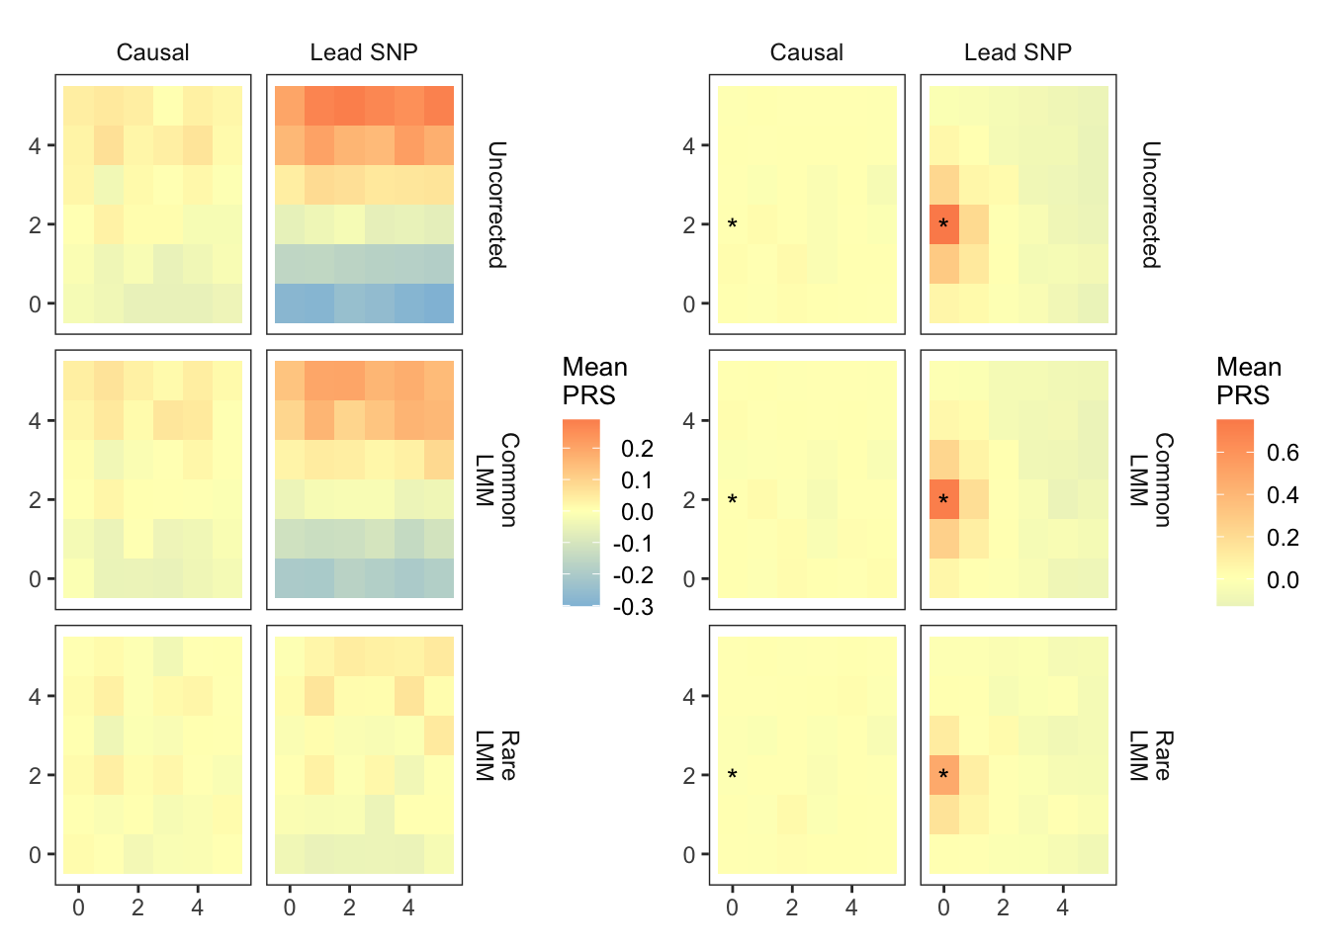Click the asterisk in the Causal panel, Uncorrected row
coord(732,224)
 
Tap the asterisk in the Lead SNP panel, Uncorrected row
coord(943,224)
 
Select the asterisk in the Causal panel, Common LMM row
coord(732,500)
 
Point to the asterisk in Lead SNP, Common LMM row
coord(943,500)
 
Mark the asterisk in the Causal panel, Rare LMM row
coord(732,775)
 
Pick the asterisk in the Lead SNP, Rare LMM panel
coord(943,775)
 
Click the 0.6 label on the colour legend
coord(1283,453)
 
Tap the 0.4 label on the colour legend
coord(1283,495)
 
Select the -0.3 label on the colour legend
coord(633,607)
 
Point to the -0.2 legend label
coord(633,575)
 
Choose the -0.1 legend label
coord(633,544)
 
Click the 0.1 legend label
coord(637,480)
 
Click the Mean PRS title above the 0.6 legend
coord(1249,382)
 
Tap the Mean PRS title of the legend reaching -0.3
coord(594,382)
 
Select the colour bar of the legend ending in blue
coord(580,512)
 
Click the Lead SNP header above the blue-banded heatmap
coord(364,52)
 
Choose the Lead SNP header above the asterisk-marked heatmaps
coord(1018,52)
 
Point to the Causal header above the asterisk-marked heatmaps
coord(806,52)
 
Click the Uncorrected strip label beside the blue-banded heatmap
coord(496,205)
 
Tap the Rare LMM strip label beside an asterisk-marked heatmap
coord(1151,756)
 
